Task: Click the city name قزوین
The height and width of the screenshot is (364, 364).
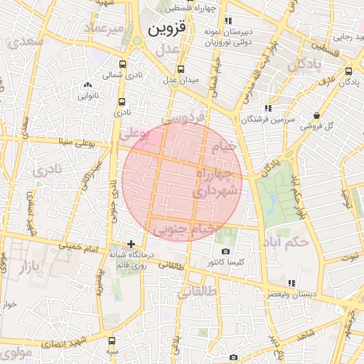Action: coord(168,29)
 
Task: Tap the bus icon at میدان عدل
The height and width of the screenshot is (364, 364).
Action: coord(181,69)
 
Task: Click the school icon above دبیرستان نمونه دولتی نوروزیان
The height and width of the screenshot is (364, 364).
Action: coord(228,21)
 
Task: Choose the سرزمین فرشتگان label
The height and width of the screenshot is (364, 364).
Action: coord(242,120)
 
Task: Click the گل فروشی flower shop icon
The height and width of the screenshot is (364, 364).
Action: coord(316,116)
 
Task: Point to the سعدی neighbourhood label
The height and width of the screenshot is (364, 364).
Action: coord(27,41)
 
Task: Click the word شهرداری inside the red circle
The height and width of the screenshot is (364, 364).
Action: coord(213,191)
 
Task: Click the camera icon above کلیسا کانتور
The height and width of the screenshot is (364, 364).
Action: coord(225,252)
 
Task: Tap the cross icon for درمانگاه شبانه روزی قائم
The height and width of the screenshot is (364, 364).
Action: coord(130,243)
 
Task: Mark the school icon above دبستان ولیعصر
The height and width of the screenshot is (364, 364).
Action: coord(291,282)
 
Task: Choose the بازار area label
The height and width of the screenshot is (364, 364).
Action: coord(24,267)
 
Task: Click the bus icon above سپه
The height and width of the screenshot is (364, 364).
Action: coord(111,340)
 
